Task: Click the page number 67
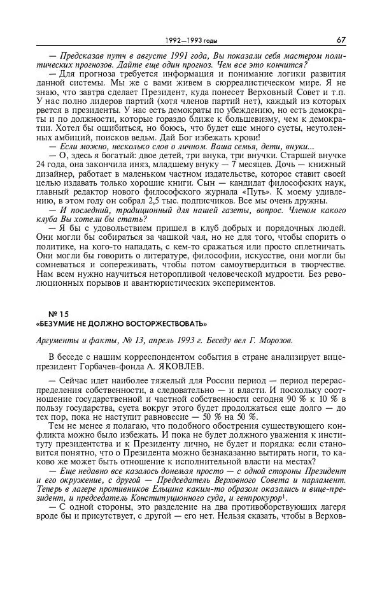coord(341,40)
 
